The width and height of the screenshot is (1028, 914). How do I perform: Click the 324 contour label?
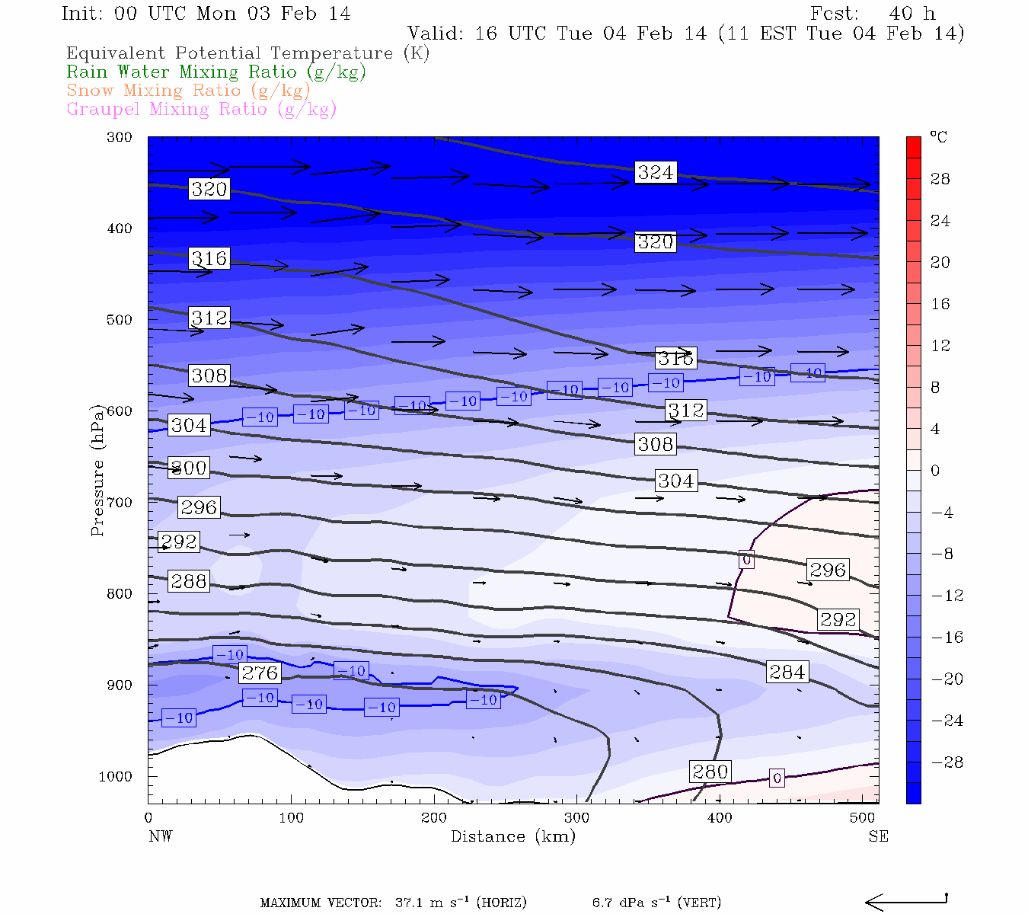pos(655,172)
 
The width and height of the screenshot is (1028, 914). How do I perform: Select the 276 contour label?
pos(260,673)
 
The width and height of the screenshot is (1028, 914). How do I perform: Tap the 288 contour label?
pos(188,581)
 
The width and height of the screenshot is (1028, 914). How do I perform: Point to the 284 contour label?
pos(787,672)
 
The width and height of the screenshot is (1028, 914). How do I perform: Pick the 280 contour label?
pos(710,772)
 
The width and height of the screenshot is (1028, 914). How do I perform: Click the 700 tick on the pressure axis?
pos(119,503)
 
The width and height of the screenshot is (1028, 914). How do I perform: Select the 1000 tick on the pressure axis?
pos(116,777)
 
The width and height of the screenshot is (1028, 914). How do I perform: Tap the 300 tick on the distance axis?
pos(576,818)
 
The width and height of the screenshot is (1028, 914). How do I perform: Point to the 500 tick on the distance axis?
pos(862,818)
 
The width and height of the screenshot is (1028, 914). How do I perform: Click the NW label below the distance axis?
pos(160,836)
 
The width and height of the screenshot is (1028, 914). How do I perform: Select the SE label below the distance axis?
pos(878,836)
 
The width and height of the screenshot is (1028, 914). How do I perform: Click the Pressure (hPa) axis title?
pos(97,471)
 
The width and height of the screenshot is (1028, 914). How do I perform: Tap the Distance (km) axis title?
pos(512,836)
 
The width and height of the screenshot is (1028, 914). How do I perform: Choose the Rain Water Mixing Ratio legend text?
pos(216,72)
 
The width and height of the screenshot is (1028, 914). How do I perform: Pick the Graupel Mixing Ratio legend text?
pos(201,109)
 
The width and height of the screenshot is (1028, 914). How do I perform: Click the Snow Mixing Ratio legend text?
pos(188,91)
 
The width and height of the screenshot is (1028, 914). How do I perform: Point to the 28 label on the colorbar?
pos(940,179)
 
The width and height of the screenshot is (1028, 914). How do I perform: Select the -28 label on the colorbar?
pos(947,762)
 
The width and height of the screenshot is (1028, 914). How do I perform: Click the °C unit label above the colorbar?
pos(938,137)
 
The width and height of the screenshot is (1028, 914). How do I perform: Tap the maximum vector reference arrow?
pos(906,902)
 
